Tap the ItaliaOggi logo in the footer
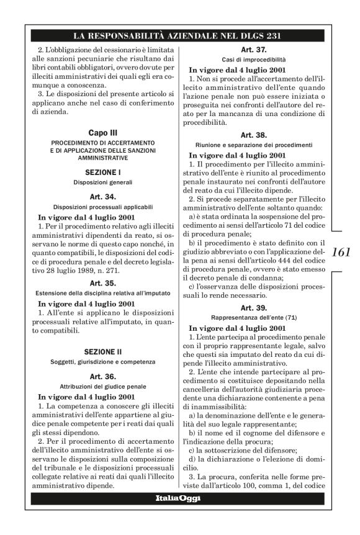point(180,500)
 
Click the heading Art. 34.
point(104,197)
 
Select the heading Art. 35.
point(104,282)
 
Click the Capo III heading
point(104,132)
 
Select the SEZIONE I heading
point(104,171)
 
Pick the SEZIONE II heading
point(104,351)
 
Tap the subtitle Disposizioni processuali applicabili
point(104,207)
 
